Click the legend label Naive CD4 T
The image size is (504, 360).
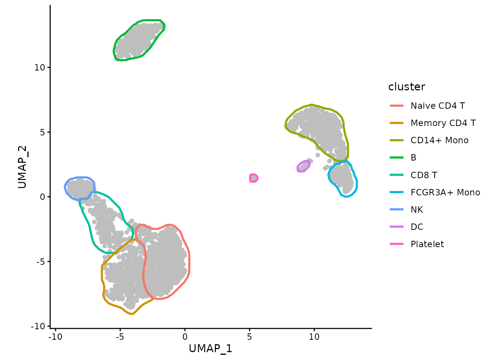click(438, 106)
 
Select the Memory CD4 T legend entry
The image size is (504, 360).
click(443, 123)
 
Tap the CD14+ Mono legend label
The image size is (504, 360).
click(439, 140)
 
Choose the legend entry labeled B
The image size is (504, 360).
click(413, 157)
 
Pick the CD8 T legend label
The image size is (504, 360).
click(424, 175)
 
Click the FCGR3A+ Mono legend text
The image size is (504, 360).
click(445, 192)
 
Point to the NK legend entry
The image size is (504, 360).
click(417, 210)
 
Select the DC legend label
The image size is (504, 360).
click(417, 227)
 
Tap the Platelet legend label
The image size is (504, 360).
click(427, 244)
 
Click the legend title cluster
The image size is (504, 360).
click(406, 87)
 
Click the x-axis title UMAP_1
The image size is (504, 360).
click(210, 348)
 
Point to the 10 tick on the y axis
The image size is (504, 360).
click(39, 67)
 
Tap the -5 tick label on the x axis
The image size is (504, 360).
click(120, 337)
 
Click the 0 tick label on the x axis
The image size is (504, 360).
click(185, 337)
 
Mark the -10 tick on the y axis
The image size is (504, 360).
click(38, 326)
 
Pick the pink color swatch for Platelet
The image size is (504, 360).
click(396, 244)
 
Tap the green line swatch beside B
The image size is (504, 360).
click(396, 157)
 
